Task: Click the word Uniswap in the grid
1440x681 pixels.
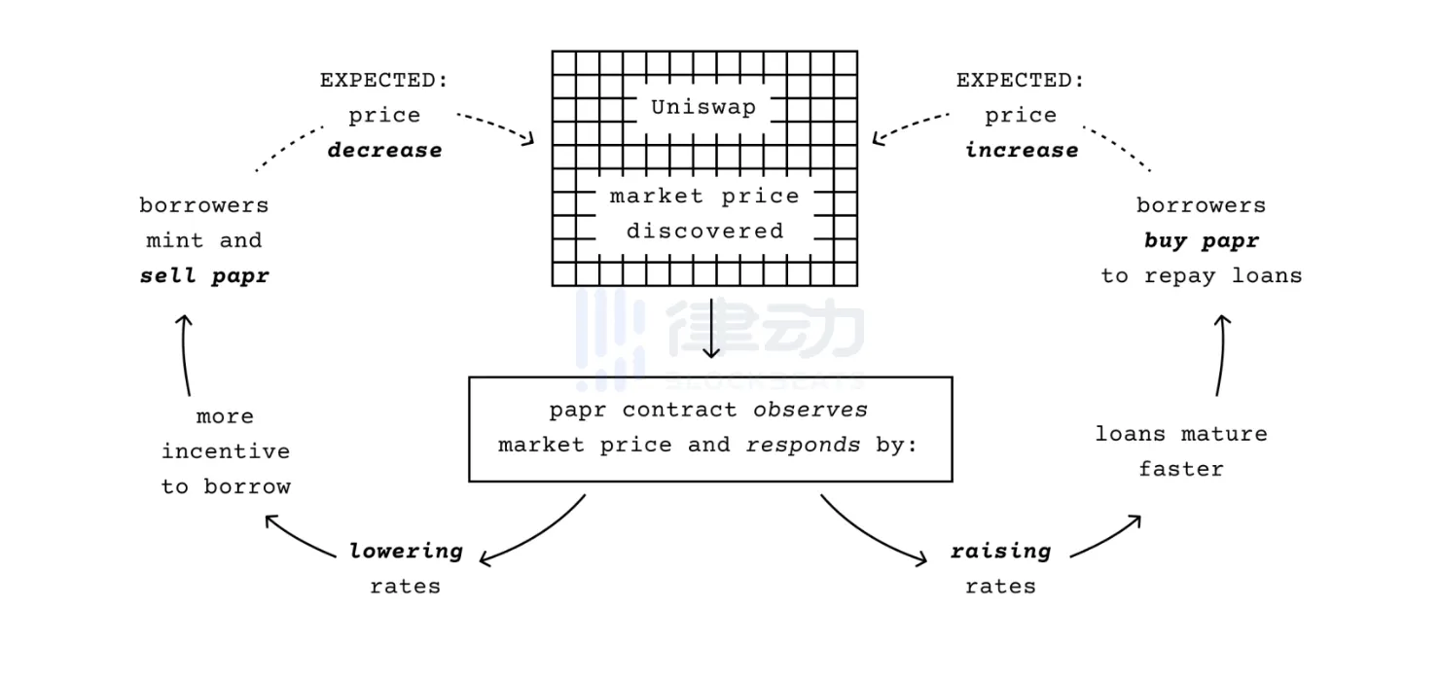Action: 703,107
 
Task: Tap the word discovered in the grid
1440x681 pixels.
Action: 704,232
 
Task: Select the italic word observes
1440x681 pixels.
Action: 810,410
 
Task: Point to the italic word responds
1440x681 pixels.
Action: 803,445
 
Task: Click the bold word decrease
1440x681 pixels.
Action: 384,150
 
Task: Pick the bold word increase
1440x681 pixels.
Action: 1021,150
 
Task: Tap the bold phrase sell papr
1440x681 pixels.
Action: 204,275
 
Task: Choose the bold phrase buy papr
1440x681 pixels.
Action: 1202,240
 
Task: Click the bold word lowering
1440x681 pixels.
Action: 406,552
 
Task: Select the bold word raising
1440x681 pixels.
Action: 1000,552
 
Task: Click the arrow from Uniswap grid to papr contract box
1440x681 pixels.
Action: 711,328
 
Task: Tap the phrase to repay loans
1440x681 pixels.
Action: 1202,275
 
